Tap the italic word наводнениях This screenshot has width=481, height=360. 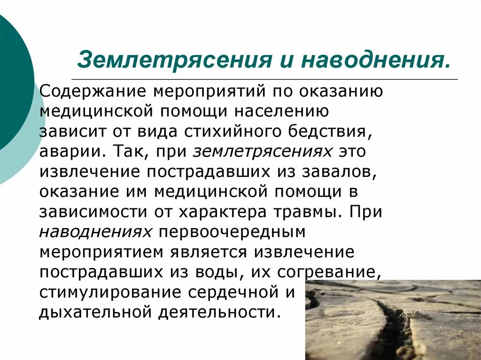[96, 232]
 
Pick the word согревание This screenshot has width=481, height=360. [329, 272]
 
